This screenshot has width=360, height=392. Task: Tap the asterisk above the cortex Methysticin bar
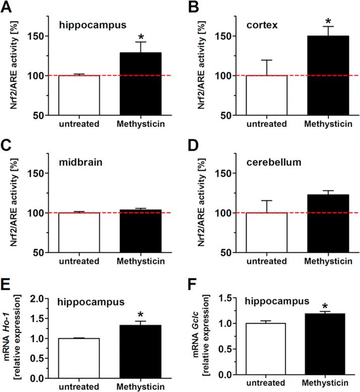click(x=328, y=21)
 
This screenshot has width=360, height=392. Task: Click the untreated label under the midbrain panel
click(x=79, y=261)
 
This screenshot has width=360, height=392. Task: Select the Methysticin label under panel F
click(x=327, y=385)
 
